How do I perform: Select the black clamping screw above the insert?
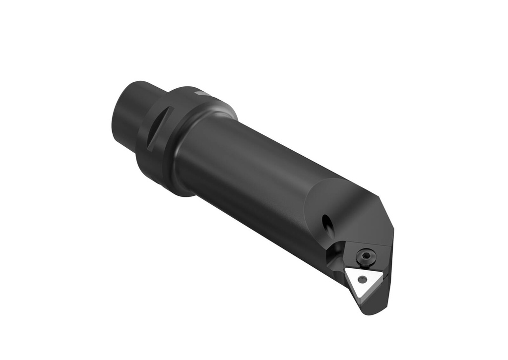pyautogui.click(x=366, y=256)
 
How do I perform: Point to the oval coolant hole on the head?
pyautogui.click(x=327, y=223)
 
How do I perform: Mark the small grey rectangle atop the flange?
pyautogui.click(x=202, y=93)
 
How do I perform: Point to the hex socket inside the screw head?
pyautogui.click(x=366, y=256)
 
